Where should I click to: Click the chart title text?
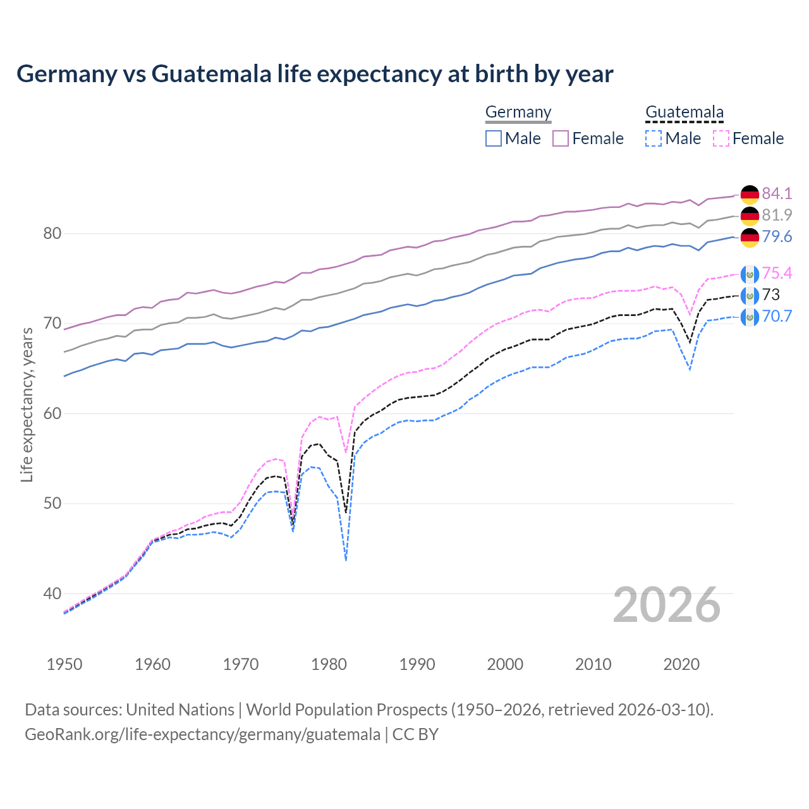click(x=315, y=74)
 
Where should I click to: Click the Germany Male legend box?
click(x=494, y=138)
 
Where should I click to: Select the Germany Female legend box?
click(x=561, y=138)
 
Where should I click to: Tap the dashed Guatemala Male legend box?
click(x=654, y=138)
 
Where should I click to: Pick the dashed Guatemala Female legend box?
click(x=721, y=138)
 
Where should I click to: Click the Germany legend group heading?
click(x=518, y=113)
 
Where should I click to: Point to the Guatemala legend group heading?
click(x=684, y=113)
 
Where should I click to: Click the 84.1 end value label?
click(x=777, y=193)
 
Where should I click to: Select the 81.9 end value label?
click(x=777, y=215)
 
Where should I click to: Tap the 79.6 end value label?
click(x=777, y=237)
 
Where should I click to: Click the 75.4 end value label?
click(x=777, y=273)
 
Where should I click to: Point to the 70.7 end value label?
click(x=777, y=316)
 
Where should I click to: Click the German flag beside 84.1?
click(x=750, y=194)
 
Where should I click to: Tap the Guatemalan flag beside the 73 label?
click(x=750, y=295)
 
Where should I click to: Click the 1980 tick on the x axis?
click(x=329, y=664)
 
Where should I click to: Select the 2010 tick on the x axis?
click(x=593, y=664)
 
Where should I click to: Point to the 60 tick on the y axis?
click(x=52, y=413)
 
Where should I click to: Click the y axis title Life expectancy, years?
click(x=27, y=404)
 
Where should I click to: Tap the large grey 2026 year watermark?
click(x=666, y=605)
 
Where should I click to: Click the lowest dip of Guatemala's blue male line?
click(x=346, y=559)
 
